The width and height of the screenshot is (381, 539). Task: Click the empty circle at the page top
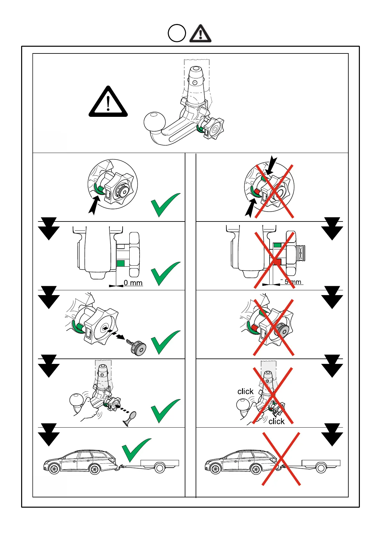177,34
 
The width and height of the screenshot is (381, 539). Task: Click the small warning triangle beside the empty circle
200,34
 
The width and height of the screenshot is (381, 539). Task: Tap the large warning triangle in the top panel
108,103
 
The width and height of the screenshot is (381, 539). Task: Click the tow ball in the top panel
155,122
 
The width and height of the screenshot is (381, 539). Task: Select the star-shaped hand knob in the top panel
213,128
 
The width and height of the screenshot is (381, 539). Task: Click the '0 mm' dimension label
133,283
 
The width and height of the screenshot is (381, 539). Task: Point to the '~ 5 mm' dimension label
291,282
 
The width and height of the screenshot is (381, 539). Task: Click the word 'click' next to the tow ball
245,391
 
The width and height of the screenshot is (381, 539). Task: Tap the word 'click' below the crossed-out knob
276,422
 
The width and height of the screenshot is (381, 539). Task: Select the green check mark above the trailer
136,450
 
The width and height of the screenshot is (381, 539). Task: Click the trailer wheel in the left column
159,468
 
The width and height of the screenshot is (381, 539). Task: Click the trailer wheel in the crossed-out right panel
321,468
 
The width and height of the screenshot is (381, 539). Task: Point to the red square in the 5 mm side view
277,261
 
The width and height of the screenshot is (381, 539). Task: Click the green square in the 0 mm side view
120,263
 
